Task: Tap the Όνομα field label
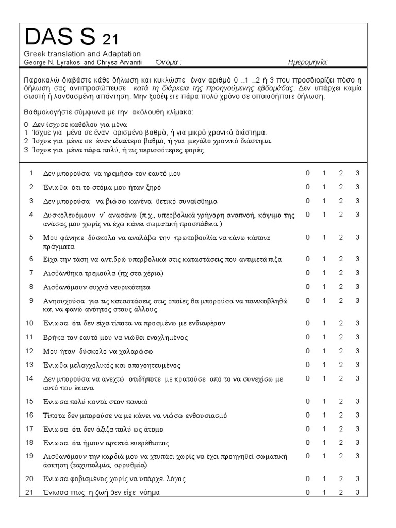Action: click(167, 63)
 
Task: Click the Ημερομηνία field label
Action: click(307, 63)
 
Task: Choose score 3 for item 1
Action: click(357, 173)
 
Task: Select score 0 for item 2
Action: click(308, 187)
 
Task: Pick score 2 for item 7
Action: click(341, 273)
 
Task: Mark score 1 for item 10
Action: click(324, 323)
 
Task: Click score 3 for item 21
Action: click(357, 492)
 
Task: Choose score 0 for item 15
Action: click(308, 402)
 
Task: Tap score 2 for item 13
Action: click(341, 365)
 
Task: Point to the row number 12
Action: click(31, 351)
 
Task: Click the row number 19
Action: click(31, 456)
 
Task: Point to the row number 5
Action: click(31, 237)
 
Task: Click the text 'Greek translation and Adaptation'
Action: click(82, 54)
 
